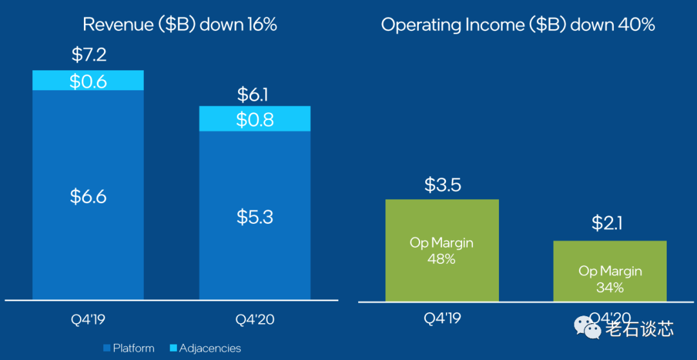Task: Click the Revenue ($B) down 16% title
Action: coord(179,25)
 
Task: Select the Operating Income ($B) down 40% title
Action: coord(518,25)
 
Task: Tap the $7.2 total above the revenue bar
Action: coord(88,55)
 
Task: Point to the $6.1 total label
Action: coord(254,95)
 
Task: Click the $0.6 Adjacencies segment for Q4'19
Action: coord(88,81)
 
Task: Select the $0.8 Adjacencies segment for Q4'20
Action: coord(254,119)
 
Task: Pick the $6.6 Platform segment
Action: coord(88,197)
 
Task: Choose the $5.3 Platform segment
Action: coord(254,217)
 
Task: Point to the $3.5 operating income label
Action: coord(442,185)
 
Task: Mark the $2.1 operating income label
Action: coord(609,223)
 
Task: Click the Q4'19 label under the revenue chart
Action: coord(88,318)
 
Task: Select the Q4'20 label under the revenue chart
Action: coord(254,318)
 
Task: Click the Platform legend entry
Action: coord(129,348)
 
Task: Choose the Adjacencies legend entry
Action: coord(205,348)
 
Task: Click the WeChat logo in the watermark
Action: coord(591,329)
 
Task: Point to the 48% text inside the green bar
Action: coord(442,259)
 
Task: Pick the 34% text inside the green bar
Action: coord(609,287)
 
